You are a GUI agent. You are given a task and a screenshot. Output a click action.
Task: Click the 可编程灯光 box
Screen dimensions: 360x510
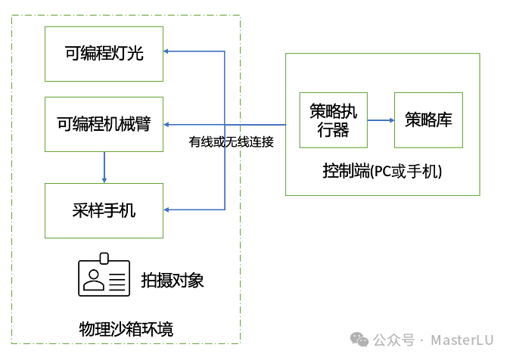click(104, 53)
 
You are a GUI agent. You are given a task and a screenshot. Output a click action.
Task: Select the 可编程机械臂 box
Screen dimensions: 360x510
click(104, 124)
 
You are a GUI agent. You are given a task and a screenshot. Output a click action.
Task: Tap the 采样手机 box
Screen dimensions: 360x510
click(104, 210)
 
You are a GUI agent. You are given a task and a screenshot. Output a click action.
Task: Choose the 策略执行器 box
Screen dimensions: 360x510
click(334, 119)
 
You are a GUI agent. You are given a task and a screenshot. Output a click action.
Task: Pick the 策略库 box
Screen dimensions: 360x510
click(428, 119)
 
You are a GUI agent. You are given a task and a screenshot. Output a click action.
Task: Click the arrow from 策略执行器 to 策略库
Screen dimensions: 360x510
click(381, 119)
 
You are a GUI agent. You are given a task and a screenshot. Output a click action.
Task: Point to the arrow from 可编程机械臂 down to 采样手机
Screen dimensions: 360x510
click(104, 167)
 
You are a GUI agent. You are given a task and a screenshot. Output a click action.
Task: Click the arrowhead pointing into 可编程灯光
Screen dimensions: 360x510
click(169, 51)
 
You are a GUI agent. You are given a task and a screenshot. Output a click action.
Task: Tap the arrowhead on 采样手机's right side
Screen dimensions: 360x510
click(169, 209)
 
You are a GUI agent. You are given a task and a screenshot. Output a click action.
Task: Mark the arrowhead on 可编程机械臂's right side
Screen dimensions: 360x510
click(169, 124)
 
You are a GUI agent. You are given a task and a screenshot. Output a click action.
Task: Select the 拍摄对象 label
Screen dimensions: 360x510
click(173, 281)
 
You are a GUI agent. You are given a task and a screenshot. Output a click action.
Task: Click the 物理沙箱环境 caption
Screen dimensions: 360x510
click(126, 329)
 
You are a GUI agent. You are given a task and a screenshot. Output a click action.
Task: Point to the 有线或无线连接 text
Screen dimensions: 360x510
click(231, 141)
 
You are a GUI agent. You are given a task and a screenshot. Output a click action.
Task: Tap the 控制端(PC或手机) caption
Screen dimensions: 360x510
click(382, 172)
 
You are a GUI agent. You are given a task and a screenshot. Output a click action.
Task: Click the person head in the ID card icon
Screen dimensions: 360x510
click(94, 277)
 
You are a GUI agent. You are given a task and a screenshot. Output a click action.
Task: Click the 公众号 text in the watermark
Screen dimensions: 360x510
click(395, 340)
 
